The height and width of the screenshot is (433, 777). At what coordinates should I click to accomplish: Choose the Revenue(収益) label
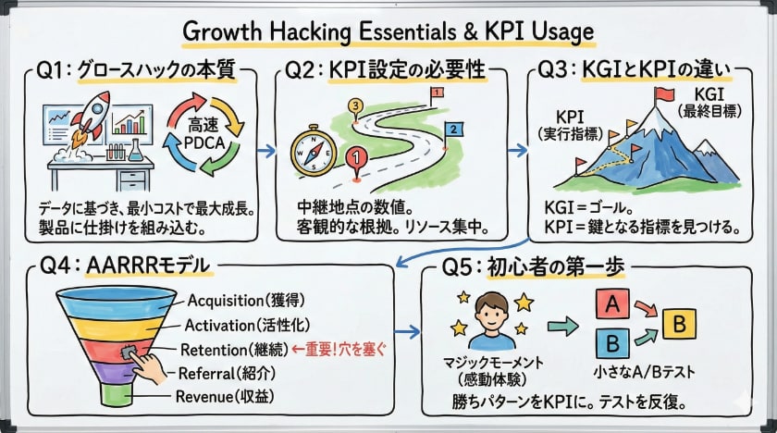pyautogui.click(x=228, y=398)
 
